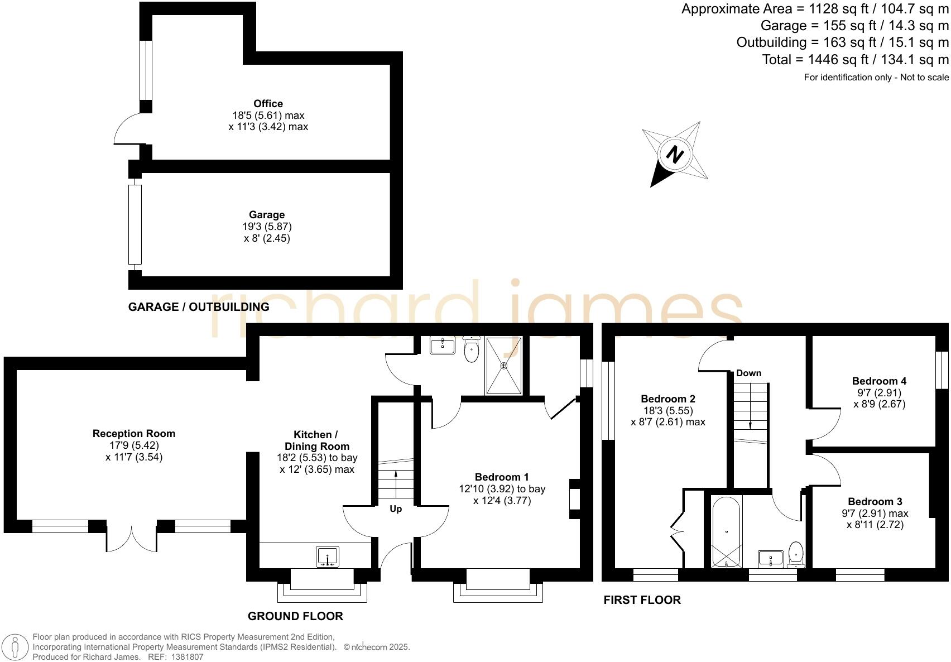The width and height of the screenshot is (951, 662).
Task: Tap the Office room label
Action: pos(268,104)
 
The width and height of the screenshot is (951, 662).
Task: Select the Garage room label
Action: pos(267,215)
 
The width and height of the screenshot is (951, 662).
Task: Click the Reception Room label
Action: pos(134,434)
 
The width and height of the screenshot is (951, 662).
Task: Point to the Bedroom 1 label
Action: pos(502,477)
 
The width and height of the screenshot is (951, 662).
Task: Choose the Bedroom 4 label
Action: pos(879,381)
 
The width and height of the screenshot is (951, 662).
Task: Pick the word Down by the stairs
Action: pos(748,373)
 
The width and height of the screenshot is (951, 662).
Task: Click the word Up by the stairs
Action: pos(396,509)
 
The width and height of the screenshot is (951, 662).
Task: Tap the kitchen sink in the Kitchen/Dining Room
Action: pos(328,557)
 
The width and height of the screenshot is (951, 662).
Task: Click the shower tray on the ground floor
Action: pos(504,366)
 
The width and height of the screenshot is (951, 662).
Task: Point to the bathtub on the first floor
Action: pos(726,531)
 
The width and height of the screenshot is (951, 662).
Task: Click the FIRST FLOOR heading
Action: pos(642,600)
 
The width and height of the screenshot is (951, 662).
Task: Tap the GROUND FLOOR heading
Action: pos(295,616)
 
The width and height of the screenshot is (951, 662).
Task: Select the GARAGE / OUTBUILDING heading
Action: pos(199,307)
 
